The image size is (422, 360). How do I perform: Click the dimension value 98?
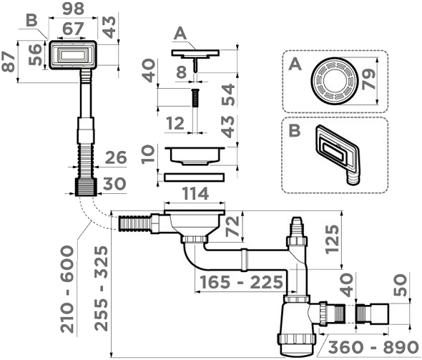73,9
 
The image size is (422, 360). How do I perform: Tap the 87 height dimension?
9,62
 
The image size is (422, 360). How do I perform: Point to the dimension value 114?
195,193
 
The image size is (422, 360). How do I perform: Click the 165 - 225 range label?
241,283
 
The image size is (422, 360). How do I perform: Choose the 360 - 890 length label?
373,347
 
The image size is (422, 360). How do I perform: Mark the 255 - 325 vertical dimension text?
101,288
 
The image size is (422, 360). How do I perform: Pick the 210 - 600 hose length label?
67,288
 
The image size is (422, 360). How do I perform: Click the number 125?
332,239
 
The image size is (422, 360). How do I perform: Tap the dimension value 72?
232,226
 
